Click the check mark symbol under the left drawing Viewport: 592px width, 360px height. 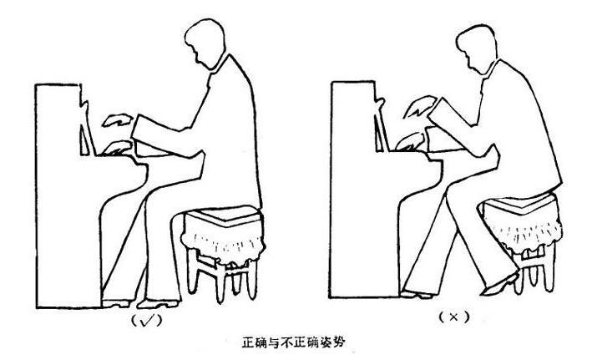pos(146,321)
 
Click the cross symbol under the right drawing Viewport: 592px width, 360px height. pos(453,317)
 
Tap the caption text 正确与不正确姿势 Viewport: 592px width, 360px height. pos(293,342)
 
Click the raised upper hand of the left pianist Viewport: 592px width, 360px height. pos(118,120)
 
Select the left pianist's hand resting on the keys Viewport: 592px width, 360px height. pos(117,148)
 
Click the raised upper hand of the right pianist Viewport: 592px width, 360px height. pos(419,106)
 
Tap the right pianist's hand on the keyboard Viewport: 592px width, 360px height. pos(411,142)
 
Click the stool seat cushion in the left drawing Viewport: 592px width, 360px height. pos(224,216)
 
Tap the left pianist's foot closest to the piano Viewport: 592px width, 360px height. pos(117,303)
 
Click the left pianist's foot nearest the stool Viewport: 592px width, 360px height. pos(158,303)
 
